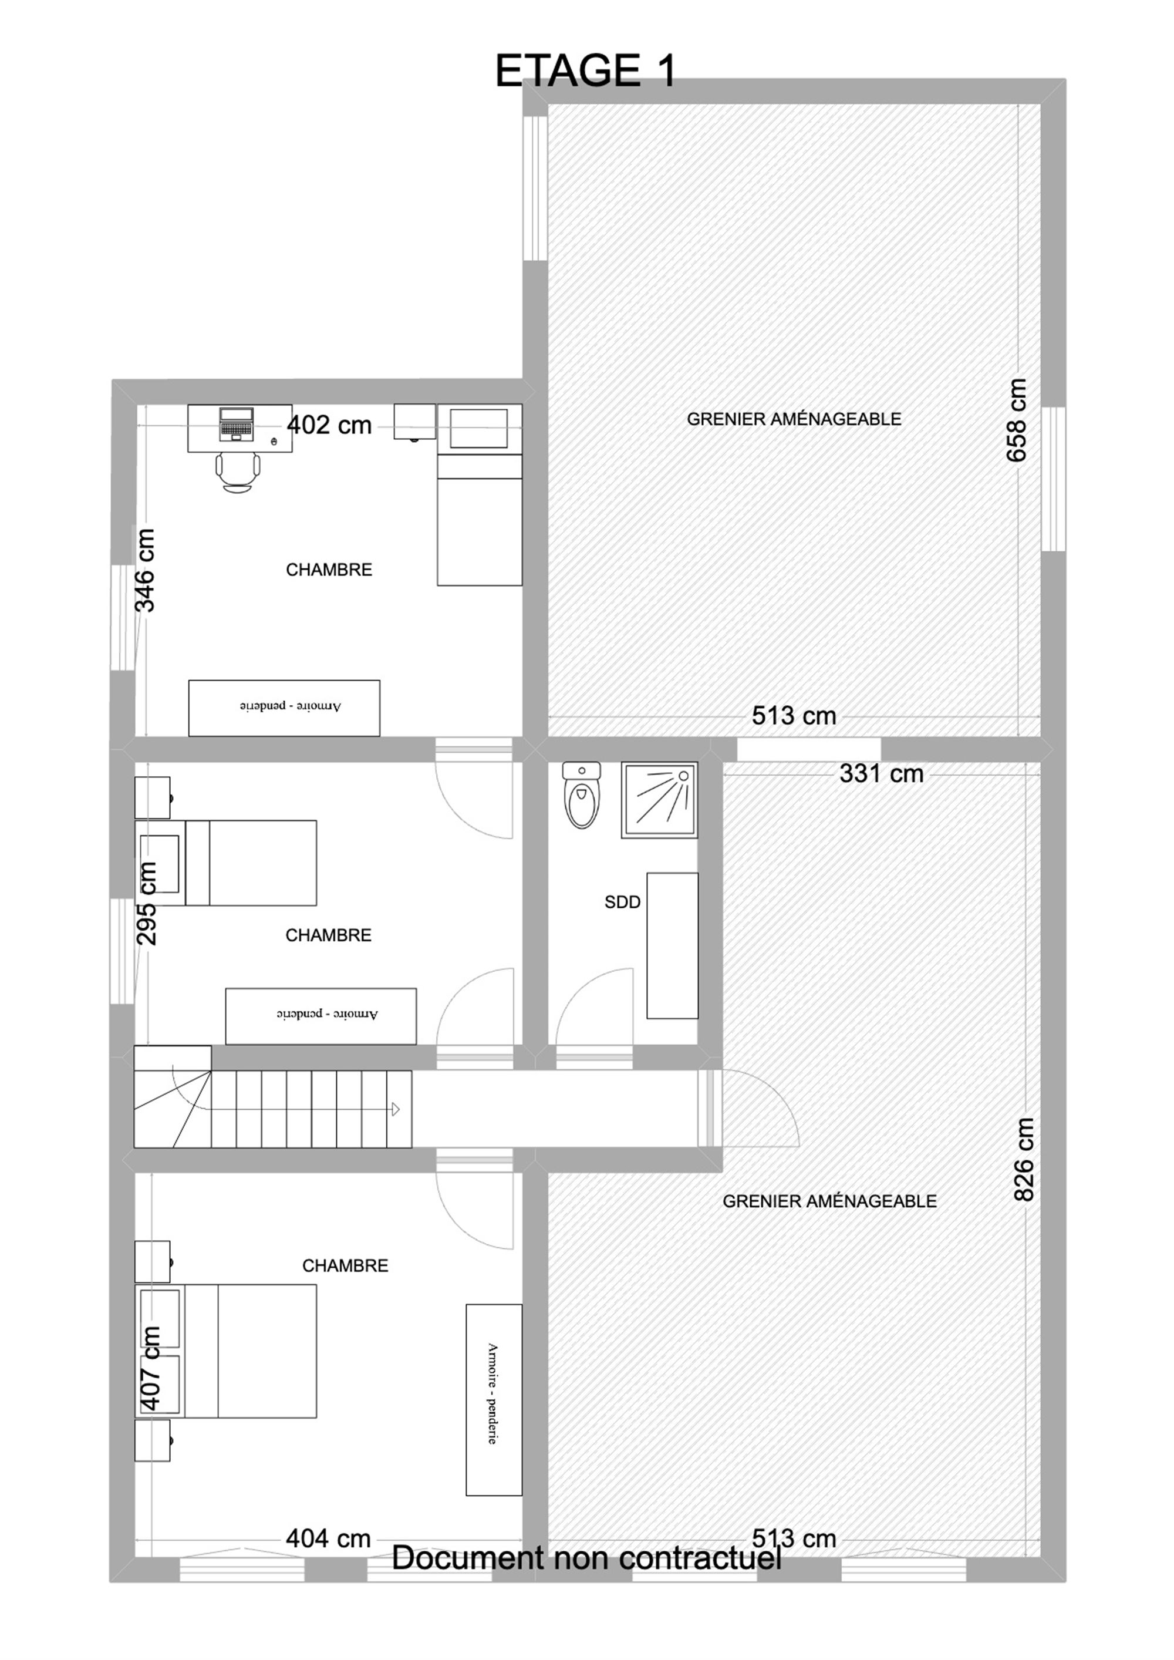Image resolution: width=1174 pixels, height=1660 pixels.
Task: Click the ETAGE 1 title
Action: pyautogui.click(x=586, y=71)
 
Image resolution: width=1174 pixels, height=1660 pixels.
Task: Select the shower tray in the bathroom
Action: pyautogui.click(x=659, y=800)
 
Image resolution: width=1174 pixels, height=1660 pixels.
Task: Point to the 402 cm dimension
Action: pyautogui.click(x=330, y=425)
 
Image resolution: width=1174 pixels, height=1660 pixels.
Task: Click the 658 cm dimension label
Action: pyautogui.click(x=1017, y=420)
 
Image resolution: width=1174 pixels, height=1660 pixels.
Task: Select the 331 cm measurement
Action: pyautogui.click(x=881, y=773)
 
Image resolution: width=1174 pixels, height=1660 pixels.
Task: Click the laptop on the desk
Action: pyautogui.click(x=237, y=424)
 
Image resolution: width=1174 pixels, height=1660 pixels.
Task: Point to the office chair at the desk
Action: pyautogui.click(x=237, y=473)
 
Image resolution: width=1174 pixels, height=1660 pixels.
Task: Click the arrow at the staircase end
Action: pyautogui.click(x=396, y=1109)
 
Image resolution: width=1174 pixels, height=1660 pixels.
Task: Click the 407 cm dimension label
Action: pyautogui.click(x=150, y=1367)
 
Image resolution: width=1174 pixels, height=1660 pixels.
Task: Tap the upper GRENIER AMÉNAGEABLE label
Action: pyautogui.click(x=794, y=419)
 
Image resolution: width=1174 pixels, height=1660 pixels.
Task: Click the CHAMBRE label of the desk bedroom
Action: pyautogui.click(x=329, y=570)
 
